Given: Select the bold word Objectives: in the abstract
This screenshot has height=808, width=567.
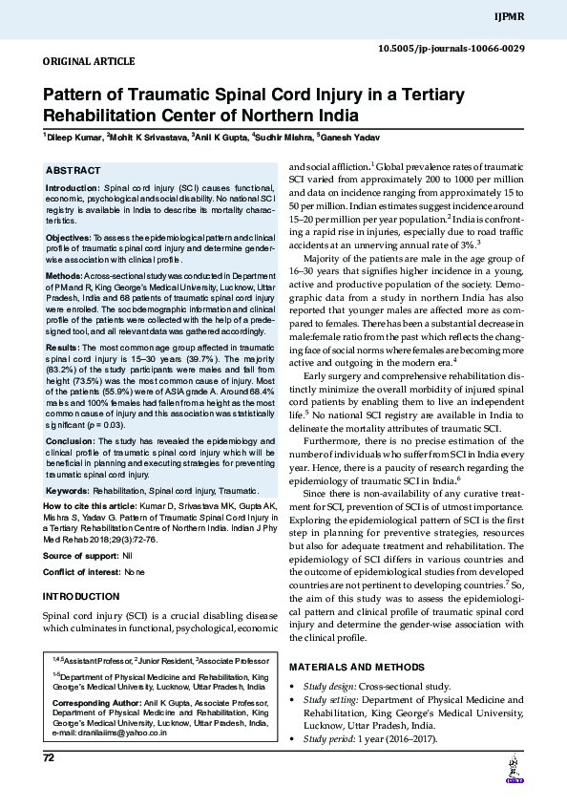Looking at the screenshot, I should tap(69, 236).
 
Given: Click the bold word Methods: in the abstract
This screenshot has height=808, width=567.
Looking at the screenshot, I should tap(65, 275).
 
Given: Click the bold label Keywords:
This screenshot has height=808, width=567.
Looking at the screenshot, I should tap(68, 491).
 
